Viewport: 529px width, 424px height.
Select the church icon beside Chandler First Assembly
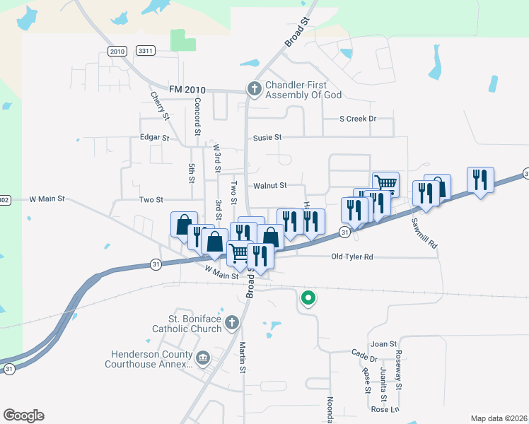[254, 89]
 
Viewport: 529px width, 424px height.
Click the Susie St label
[268, 137]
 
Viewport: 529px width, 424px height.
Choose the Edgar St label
[155, 138]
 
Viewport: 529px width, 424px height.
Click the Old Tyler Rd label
[351, 257]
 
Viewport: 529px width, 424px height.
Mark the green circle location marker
[307, 298]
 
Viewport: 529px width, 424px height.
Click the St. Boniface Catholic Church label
[187, 324]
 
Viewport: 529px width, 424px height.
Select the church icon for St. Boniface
[231, 324]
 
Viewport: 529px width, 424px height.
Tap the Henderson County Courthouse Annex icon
[203, 359]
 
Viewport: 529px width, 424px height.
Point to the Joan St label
[384, 343]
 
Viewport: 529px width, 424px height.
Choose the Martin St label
[242, 357]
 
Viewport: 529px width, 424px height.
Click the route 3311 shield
[146, 51]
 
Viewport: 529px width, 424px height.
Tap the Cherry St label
[159, 105]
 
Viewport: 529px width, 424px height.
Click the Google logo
[23, 416]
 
